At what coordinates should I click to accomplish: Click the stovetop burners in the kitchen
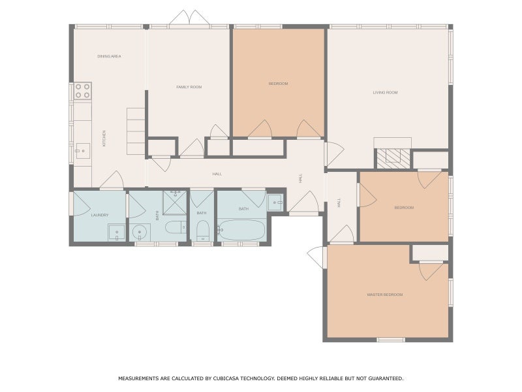point(82,91)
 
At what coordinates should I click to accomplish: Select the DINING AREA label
point(109,57)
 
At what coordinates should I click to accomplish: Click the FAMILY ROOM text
point(189,87)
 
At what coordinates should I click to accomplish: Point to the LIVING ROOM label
point(385,93)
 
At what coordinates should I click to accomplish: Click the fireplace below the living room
point(393,155)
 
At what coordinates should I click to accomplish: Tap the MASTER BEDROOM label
point(384,295)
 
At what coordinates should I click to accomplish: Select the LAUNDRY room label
point(99,215)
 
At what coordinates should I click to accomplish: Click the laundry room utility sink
point(116,232)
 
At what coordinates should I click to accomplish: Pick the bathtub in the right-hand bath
point(241,231)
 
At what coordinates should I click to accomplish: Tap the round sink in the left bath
point(140,232)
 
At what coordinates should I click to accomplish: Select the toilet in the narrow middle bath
point(202,231)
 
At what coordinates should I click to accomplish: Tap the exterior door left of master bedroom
point(317,257)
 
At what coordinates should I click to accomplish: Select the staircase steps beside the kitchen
point(136,131)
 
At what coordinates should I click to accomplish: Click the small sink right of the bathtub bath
point(275,203)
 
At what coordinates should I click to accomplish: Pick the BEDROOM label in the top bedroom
point(278,84)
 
